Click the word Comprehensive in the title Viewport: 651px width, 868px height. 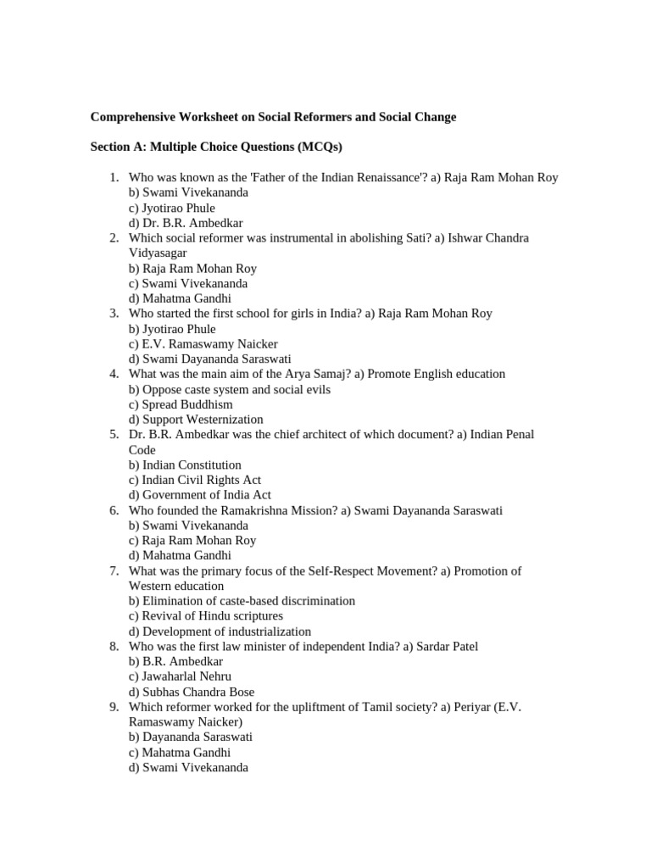(132, 117)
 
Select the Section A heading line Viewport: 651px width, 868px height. (216, 147)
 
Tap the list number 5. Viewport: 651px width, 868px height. (114, 434)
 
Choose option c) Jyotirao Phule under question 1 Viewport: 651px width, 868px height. (171, 208)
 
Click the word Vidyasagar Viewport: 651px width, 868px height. (158, 253)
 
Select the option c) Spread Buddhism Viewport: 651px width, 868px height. (181, 404)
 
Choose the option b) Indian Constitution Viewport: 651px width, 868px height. (185, 465)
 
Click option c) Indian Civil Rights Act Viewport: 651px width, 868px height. (195, 480)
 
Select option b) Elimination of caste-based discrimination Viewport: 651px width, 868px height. (242, 601)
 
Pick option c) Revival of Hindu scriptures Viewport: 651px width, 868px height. (206, 616)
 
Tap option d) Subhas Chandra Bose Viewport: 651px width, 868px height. (192, 692)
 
